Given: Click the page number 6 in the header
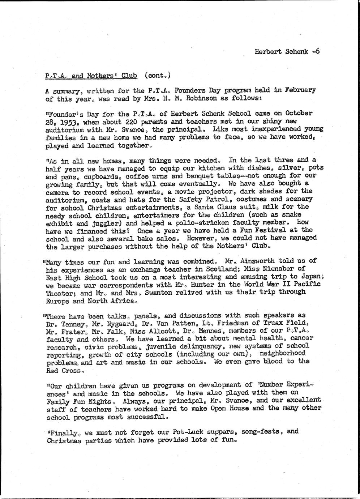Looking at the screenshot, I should pyautogui.click(x=317, y=51).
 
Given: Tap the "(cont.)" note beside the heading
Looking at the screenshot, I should pyautogui.click(x=157, y=76).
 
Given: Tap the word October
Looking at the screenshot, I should pyautogui.click(x=299, y=113).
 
